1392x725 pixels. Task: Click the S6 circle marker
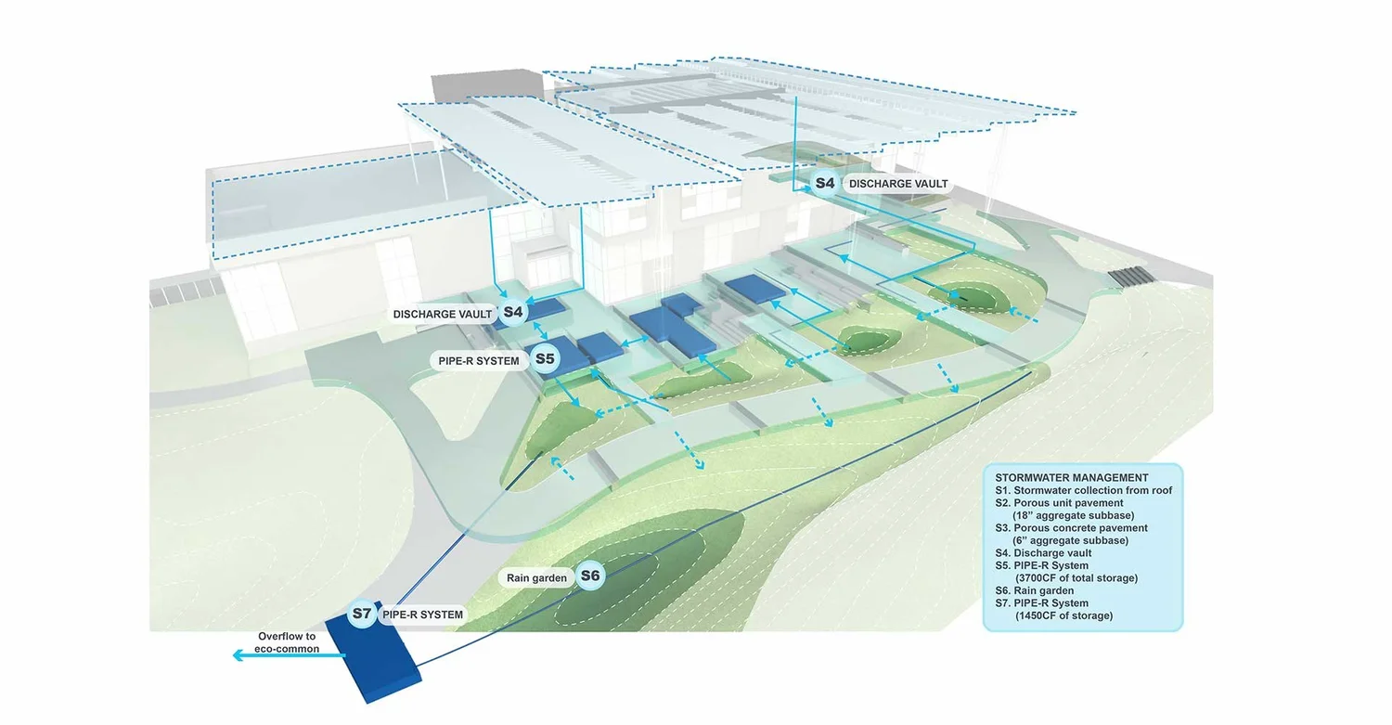pyautogui.click(x=589, y=576)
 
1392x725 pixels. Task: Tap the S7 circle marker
pyautogui.click(x=362, y=614)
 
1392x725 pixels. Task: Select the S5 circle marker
pyautogui.click(x=545, y=358)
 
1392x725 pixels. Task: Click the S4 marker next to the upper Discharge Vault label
pyautogui.click(x=825, y=184)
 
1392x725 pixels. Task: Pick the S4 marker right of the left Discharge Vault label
pyautogui.click(x=512, y=312)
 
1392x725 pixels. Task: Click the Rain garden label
pyautogui.click(x=536, y=578)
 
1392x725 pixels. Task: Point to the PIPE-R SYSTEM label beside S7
pyautogui.click(x=422, y=615)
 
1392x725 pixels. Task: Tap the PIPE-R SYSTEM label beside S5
pyautogui.click(x=479, y=361)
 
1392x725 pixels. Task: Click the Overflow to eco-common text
pyautogui.click(x=287, y=642)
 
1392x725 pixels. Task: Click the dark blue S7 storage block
pyautogui.click(x=373, y=659)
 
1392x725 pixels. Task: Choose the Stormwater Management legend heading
pyautogui.click(x=1071, y=478)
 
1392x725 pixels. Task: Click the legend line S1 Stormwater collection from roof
pyautogui.click(x=1083, y=490)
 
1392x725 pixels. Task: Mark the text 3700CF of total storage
pyautogui.click(x=1076, y=578)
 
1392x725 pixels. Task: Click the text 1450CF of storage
pyautogui.click(x=1063, y=615)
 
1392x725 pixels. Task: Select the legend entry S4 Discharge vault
pyautogui.click(x=1043, y=553)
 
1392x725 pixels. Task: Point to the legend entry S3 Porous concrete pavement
pyautogui.click(x=1071, y=528)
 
